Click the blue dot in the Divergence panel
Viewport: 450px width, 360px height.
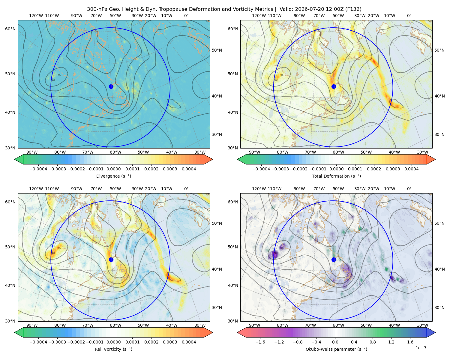[111, 86]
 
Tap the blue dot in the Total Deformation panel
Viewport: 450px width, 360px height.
[334, 86]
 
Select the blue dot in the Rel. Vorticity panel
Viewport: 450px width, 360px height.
[111, 259]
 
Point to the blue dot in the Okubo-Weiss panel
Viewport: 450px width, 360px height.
[334, 259]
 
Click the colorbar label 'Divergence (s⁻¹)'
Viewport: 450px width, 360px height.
[113, 176]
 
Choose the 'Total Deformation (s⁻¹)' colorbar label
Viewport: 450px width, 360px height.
[336, 176]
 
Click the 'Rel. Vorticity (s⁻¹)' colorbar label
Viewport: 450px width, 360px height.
[113, 349]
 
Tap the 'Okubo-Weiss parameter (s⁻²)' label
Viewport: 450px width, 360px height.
[336, 349]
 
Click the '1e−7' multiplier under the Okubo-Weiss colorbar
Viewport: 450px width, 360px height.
[421, 348]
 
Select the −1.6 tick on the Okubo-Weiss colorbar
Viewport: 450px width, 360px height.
[260, 342]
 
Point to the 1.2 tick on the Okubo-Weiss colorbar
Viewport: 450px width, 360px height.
[391, 342]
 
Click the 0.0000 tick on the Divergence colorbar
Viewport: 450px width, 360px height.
[113, 169]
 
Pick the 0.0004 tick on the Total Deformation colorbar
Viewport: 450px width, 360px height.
[411, 169]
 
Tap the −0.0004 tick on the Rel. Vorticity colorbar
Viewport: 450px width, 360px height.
[38, 342]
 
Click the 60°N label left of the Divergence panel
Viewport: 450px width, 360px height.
[10, 29]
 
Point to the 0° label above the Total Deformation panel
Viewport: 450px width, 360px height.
[409, 16]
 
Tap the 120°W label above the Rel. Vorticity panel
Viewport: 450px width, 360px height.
[36, 189]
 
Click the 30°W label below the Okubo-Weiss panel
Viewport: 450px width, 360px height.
[423, 325]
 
